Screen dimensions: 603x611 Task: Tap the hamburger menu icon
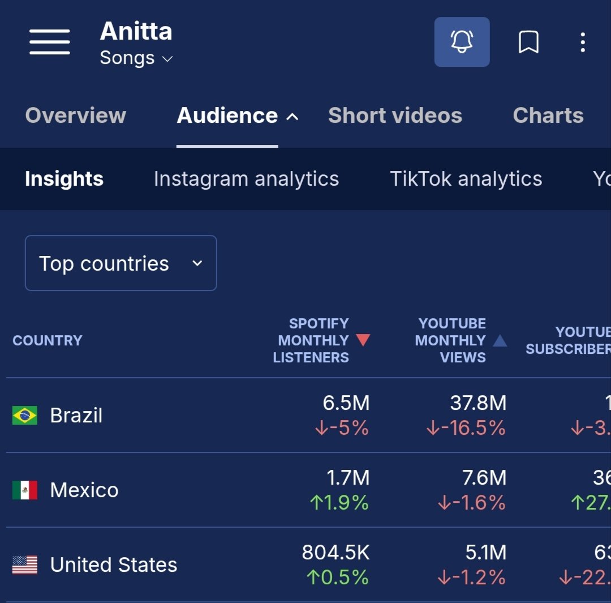[50, 42]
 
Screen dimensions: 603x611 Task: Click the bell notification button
[462, 42]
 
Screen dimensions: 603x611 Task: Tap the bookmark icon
[528, 42]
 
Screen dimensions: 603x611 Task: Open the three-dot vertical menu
[583, 42]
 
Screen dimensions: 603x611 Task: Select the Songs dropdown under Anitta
[136, 58]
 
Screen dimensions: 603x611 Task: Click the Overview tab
[76, 116]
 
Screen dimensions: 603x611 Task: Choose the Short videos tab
[395, 116]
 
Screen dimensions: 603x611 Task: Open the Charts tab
[548, 116]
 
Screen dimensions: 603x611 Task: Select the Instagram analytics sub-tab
[246, 179]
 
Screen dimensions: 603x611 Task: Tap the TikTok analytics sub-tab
[466, 179]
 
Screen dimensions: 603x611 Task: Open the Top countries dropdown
[121, 263]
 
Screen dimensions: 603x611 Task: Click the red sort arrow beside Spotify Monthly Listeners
[363, 340]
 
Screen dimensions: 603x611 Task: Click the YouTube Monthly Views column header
[451, 340]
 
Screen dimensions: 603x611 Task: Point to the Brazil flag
[25, 416]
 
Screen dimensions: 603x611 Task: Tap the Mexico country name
[84, 490]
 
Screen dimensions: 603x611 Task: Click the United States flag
[25, 565]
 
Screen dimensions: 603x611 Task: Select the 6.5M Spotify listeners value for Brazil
[346, 403]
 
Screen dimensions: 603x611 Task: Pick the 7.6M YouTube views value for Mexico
[484, 478]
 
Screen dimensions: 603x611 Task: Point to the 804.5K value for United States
[335, 553]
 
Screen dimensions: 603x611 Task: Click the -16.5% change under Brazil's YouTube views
[466, 428]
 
